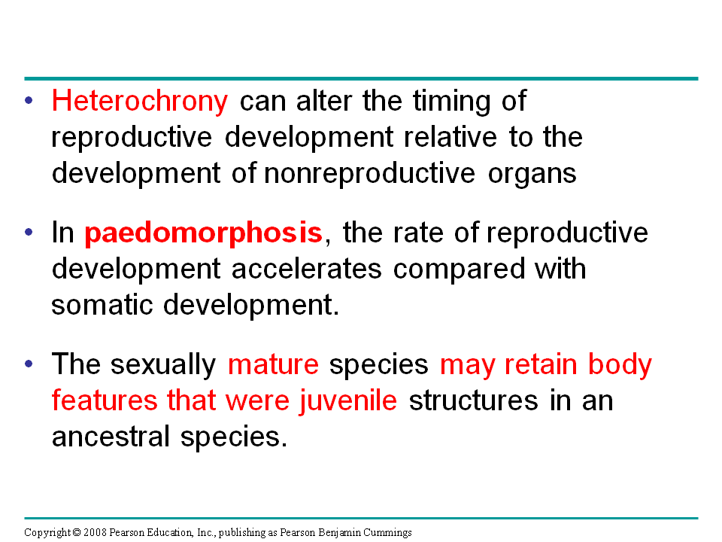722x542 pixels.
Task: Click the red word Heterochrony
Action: coord(139,101)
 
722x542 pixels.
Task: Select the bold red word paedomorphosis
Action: coord(203,233)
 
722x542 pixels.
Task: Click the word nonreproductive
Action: coord(369,173)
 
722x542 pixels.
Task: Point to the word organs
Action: coord(532,175)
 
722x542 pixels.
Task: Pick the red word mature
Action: coord(273,364)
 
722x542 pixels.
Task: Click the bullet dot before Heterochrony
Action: coord(29,100)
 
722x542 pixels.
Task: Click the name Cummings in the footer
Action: coord(392,532)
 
